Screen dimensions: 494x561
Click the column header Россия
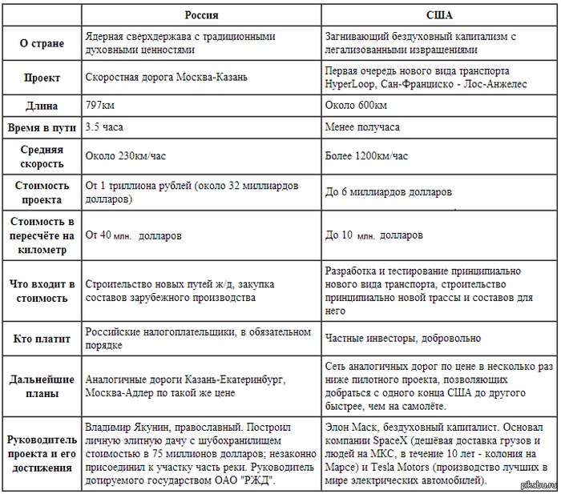click(x=201, y=14)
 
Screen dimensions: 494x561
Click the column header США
click(x=438, y=14)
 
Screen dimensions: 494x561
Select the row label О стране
click(x=42, y=43)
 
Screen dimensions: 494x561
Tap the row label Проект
click(x=42, y=78)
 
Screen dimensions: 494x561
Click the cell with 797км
click(x=100, y=106)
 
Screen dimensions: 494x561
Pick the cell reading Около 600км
click(x=356, y=106)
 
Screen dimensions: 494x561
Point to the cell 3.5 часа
click(x=104, y=127)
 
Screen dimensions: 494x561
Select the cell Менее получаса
click(x=362, y=127)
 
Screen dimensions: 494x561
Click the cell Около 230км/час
click(x=123, y=156)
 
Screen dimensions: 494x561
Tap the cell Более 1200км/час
click(x=367, y=156)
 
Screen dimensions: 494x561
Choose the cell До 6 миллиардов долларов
click(x=388, y=192)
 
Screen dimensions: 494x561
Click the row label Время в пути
click(x=42, y=127)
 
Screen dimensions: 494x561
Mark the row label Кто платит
click(x=42, y=339)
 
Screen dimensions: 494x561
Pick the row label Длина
click(x=42, y=106)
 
